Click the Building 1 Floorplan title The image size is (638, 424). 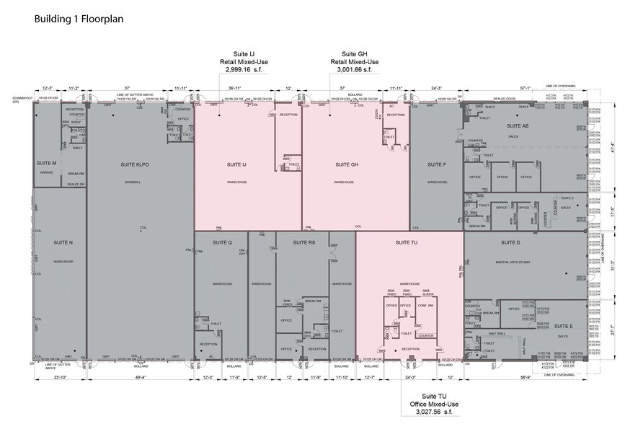(x=79, y=19)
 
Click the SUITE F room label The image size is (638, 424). (x=437, y=164)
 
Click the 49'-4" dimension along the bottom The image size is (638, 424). (x=140, y=376)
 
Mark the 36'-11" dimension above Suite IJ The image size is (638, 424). (x=235, y=88)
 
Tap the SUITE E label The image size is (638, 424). (x=562, y=326)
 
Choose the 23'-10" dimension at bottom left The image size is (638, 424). (x=60, y=376)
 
